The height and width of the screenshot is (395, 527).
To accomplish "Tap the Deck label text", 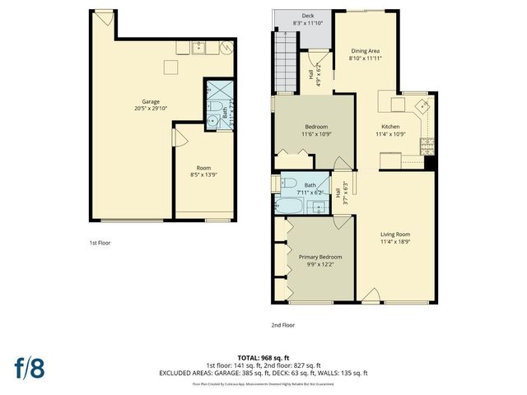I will point(307,16).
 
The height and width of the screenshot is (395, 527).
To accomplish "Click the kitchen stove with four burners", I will point(427,146).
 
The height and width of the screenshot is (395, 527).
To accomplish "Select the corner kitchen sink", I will point(422,106).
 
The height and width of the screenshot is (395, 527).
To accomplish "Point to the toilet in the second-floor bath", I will point(288,183).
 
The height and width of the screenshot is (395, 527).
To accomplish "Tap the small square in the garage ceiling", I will point(172,67).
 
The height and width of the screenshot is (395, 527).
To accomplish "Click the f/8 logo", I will point(29,367).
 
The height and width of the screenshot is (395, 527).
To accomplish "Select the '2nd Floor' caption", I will point(282,325).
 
